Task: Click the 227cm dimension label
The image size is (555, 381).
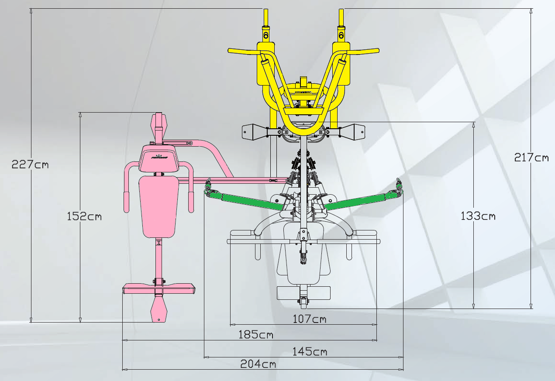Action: point(30,164)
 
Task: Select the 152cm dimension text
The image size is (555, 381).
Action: point(84,216)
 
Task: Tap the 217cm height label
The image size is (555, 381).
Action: point(531,157)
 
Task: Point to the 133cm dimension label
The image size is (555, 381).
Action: point(478,216)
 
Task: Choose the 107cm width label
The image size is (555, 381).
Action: point(310,319)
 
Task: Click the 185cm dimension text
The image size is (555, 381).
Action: point(256,335)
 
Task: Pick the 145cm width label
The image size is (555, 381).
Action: point(310,351)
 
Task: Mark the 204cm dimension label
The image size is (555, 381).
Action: point(258,364)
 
